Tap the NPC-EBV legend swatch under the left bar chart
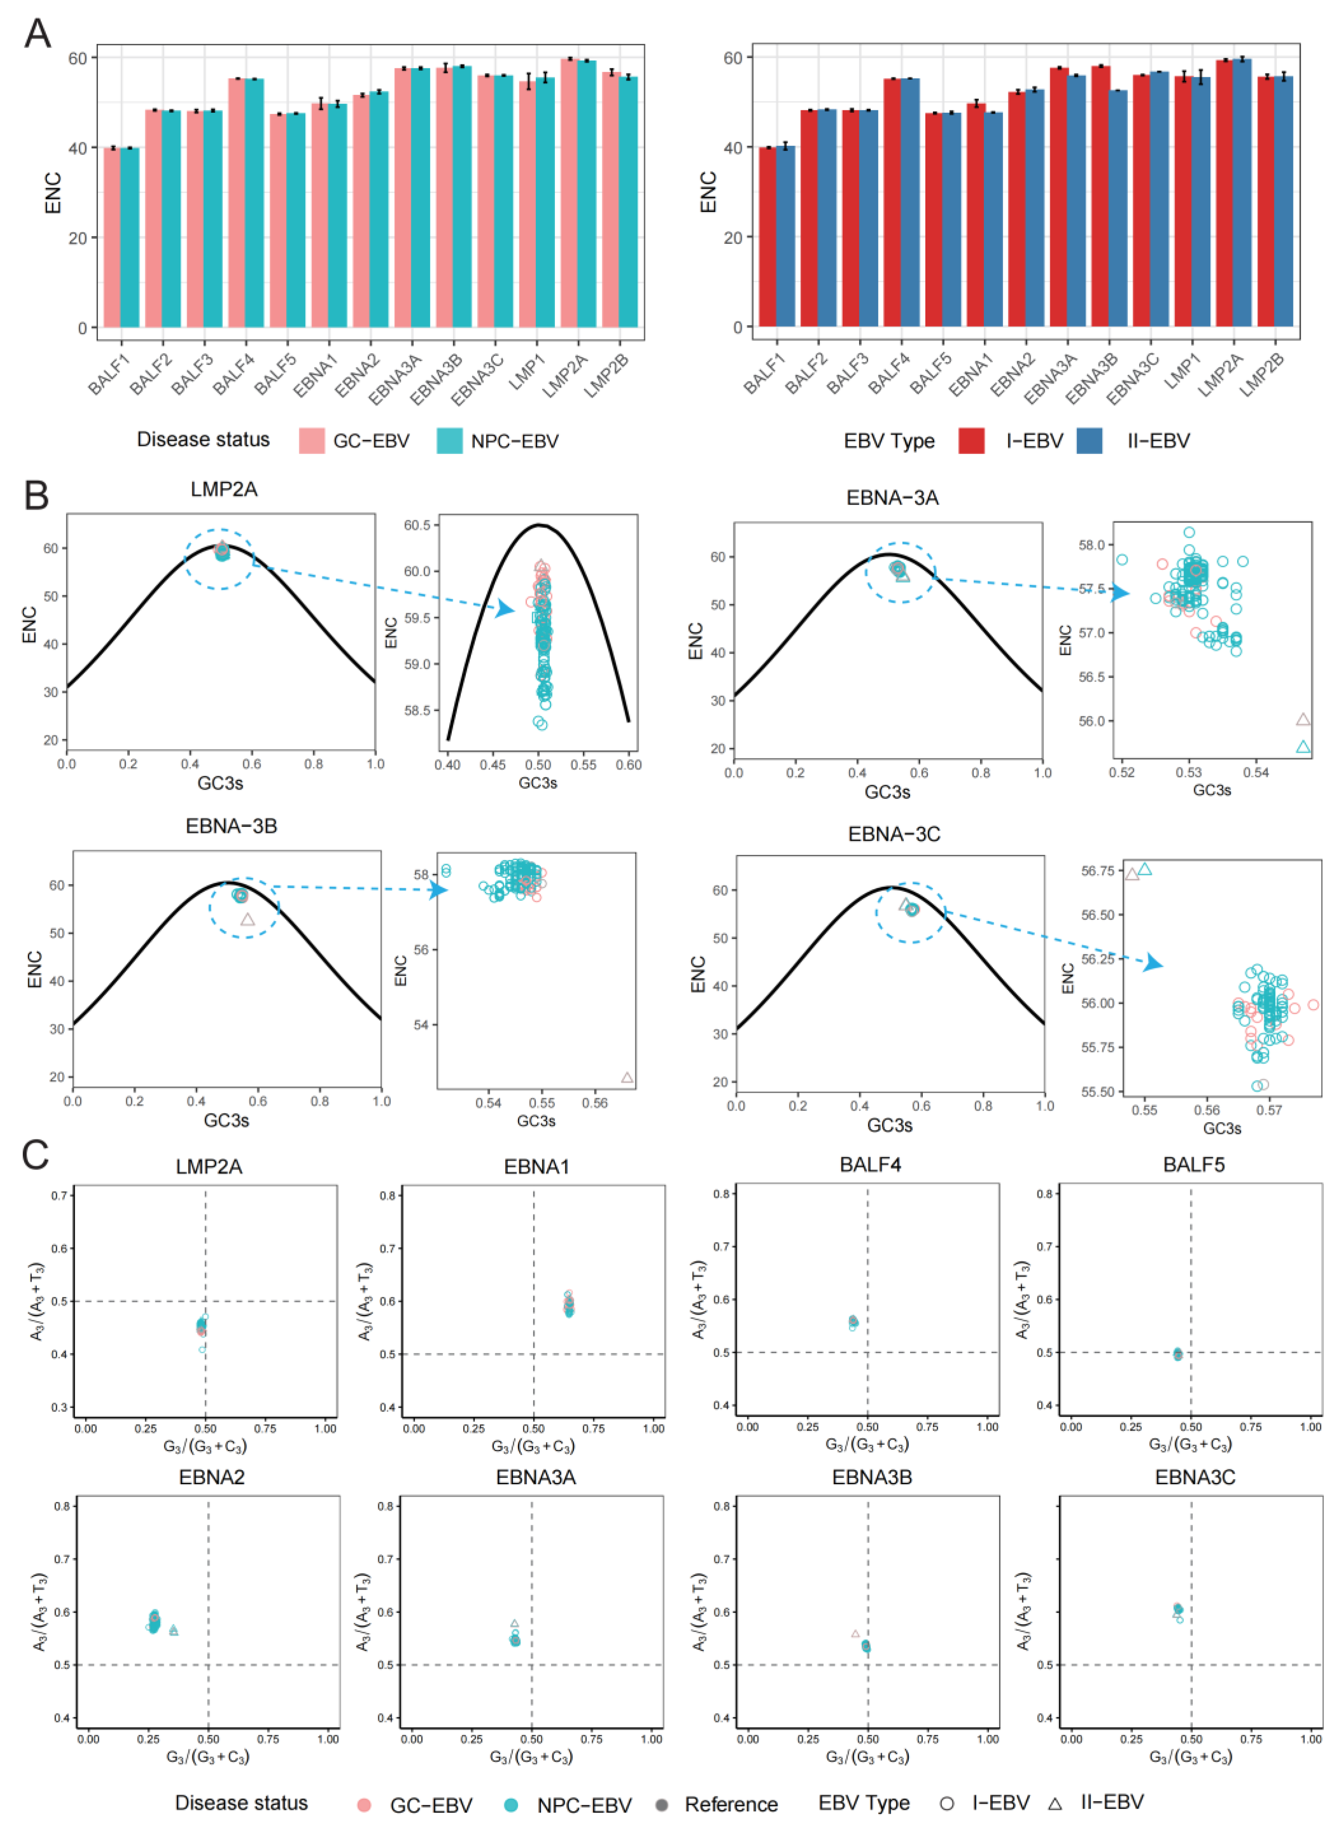click(449, 440)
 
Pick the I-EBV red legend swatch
click(971, 440)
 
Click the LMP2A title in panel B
click(224, 489)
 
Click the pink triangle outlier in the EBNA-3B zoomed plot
click(627, 1077)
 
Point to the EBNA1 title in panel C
click(537, 1166)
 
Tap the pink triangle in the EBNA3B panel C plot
click(855, 1633)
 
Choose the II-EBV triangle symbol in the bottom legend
click(1055, 1804)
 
